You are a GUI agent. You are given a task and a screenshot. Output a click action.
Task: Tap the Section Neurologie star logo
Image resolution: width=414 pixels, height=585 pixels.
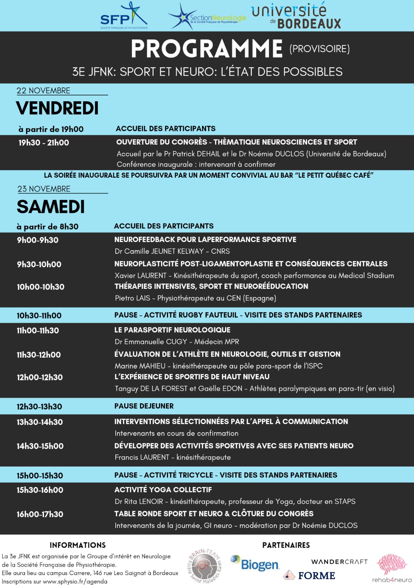(x=182, y=16)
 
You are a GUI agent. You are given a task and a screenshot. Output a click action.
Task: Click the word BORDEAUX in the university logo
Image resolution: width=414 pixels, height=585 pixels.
(x=309, y=23)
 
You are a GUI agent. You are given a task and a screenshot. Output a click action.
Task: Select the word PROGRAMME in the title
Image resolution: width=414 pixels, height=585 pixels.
(x=207, y=49)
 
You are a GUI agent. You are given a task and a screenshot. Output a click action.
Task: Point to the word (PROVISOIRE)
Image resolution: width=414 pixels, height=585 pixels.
(x=320, y=49)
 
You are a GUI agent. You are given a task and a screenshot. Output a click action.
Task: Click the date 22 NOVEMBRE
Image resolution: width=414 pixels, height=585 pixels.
(x=43, y=90)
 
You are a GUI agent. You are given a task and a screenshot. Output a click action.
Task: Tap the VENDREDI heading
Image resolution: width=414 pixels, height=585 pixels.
(x=57, y=108)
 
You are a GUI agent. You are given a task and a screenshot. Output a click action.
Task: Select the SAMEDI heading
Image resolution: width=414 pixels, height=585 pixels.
(x=51, y=207)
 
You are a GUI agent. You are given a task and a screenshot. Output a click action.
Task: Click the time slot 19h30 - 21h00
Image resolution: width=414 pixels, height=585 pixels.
(x=44, y=143)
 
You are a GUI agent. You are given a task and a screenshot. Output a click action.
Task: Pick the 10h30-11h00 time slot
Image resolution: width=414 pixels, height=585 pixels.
(x=39, y=315)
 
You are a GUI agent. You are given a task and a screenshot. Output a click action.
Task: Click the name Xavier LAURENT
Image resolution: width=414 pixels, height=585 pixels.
(x=141, y=275)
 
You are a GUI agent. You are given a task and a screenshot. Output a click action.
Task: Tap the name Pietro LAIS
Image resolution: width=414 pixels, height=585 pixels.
(x=133, y=298)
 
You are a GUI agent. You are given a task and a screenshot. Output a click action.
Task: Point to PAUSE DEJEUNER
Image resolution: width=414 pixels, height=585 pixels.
(x=144, y=406)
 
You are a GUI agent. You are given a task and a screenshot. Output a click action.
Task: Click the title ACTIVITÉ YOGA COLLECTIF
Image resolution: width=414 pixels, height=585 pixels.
(x=163, y=490)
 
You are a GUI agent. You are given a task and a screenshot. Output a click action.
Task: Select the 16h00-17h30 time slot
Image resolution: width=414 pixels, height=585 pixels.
(x=40, y=514)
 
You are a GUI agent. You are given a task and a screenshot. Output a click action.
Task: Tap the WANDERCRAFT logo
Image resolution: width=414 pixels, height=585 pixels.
(x=339, y=562)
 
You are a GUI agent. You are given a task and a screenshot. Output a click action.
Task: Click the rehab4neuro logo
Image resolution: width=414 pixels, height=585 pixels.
(x=392, y=568)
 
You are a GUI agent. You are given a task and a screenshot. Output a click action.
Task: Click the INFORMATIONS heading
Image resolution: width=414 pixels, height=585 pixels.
(x=78, y=545)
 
